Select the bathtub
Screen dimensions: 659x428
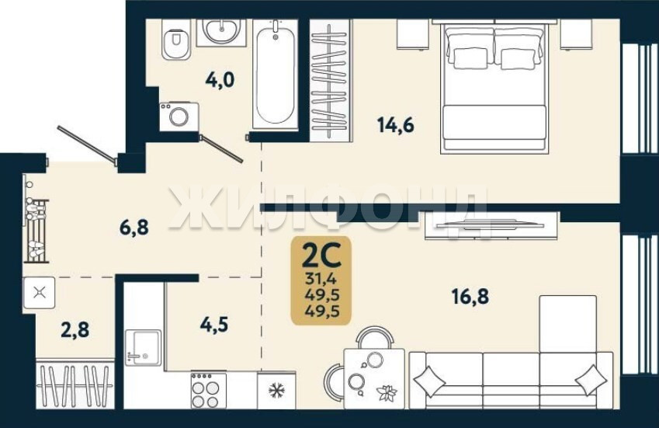point(276,74)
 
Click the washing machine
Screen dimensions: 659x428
point(179,117)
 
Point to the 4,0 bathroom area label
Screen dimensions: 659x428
point(220,79)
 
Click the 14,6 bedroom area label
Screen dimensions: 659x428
point(396,125)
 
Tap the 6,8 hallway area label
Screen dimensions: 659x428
point(134,228)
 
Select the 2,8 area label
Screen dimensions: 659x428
point(75,329)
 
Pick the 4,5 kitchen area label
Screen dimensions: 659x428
point(214,324)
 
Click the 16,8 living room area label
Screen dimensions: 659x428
point(470,297)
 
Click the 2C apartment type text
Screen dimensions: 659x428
point(321,256)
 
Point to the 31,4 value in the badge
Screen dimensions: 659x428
point(321,279)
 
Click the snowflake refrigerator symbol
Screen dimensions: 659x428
point(276,391)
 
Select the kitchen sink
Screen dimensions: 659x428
point(143,347)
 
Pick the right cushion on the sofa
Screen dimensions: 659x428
point(591,380)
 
